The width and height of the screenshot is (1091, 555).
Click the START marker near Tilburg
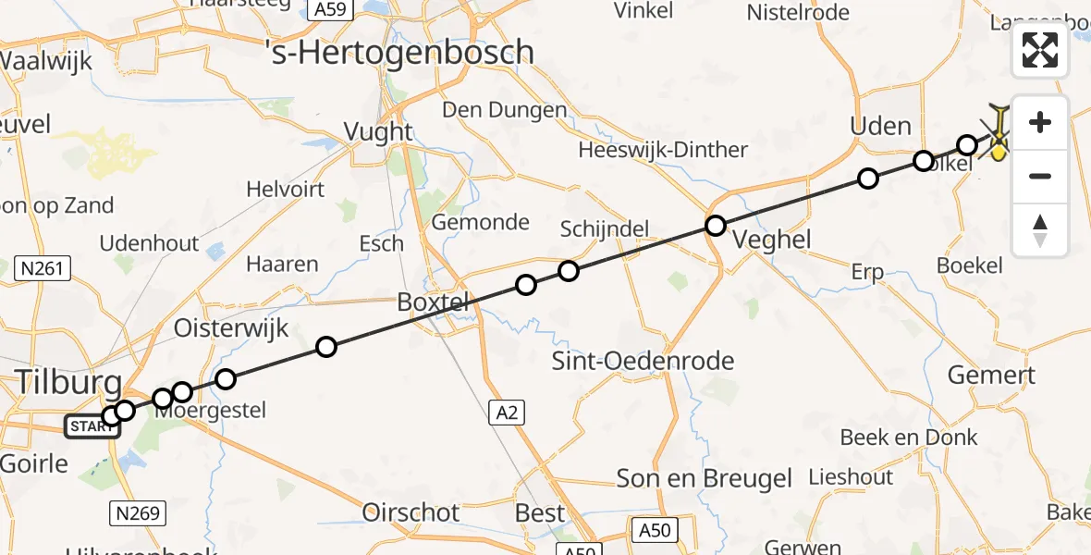[92, 426]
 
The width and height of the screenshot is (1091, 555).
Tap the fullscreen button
[1040, 50]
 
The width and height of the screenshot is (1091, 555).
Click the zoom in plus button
[1040, 122]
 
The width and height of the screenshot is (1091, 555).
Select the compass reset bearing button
[1040, 230]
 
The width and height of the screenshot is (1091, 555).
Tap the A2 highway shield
[505, 414]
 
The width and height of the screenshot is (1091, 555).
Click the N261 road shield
[44, 269]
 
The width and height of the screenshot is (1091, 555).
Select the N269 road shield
[138, 512]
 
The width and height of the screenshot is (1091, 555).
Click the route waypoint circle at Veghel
[716, 226]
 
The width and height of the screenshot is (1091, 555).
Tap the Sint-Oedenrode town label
[643, 361]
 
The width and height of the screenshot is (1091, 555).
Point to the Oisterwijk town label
[231, 328]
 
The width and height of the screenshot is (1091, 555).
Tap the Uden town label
[880, 126]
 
